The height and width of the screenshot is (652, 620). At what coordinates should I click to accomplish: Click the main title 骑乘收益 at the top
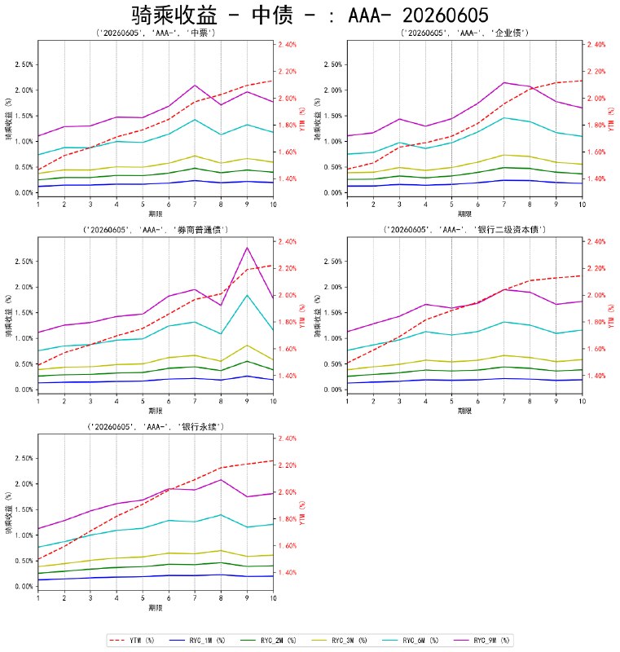click(174, 15)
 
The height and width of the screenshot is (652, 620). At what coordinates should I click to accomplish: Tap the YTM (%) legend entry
click(131, 641)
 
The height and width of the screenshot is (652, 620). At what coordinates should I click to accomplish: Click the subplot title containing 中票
click(156, 33)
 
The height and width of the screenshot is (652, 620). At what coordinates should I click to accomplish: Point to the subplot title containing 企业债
click(464, 33)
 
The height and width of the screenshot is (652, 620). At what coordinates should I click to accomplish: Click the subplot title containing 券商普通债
click(156, 230)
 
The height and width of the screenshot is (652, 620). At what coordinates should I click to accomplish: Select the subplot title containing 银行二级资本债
click(464, 230)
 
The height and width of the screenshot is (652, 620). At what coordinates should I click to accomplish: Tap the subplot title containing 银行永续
click(156, 426)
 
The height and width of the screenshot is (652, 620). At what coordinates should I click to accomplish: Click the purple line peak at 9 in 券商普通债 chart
click(247, 248)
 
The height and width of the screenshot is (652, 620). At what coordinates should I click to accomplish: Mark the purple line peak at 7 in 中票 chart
click(195, 86)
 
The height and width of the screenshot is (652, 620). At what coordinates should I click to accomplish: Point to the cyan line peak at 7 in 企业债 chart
click(504, 117)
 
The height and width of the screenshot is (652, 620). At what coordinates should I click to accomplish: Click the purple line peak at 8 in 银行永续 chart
click(221, 480)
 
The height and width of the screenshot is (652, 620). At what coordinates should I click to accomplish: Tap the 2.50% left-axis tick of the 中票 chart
click(24, 64)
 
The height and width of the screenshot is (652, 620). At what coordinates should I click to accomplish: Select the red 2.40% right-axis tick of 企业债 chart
click(596, 45)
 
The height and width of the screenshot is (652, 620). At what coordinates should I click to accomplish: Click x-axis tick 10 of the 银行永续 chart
click(273, 598)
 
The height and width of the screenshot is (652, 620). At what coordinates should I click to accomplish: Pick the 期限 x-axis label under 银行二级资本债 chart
click(464, 411)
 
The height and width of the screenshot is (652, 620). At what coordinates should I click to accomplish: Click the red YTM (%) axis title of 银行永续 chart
click(302, 513)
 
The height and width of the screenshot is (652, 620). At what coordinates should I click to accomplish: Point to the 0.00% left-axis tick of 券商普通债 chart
click(24, 390)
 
